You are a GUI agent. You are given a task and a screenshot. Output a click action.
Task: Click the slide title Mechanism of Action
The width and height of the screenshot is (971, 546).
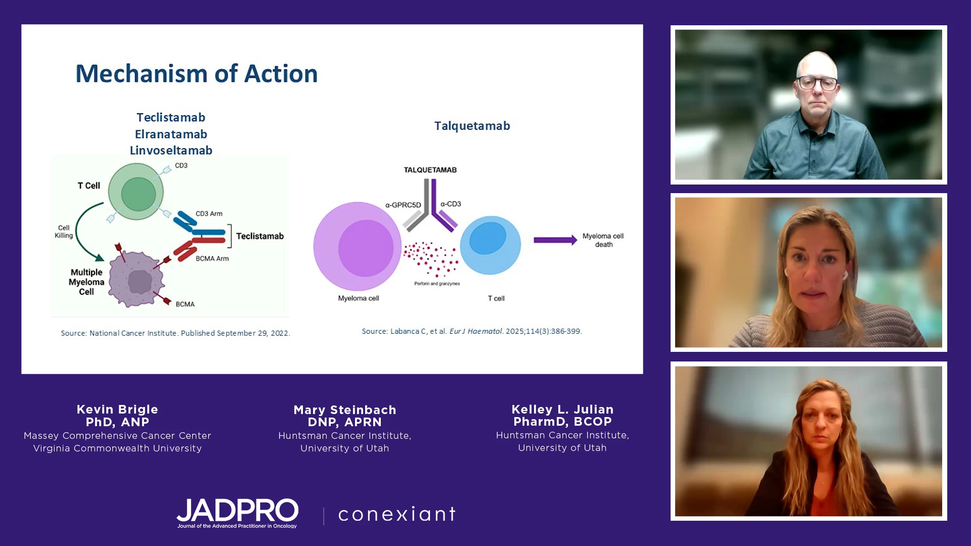click(x=196, y=74)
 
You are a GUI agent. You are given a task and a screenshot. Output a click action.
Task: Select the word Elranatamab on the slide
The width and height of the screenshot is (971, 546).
click(x=171, y=134)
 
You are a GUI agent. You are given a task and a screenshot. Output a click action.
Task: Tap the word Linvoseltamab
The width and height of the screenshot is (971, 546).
click(x=171, y=150)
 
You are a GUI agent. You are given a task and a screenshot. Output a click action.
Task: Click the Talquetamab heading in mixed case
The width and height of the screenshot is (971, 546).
click(x=472, y=126)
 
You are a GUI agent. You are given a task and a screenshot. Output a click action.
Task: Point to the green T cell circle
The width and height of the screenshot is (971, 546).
click(x=136, y=192)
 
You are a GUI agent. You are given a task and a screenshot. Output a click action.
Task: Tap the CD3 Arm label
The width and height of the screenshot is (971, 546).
click(x=209, y=214)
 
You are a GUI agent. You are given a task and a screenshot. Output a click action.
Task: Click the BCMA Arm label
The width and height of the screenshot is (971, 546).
click(x=212, y=259)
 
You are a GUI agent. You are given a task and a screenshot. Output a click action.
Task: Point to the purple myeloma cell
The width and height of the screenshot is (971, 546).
click(x=357, y=247)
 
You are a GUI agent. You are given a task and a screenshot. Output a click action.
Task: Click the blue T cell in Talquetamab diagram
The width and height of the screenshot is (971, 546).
click(x=490, y=245)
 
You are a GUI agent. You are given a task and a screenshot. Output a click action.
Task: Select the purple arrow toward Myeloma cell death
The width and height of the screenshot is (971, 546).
click(x=555, y=240)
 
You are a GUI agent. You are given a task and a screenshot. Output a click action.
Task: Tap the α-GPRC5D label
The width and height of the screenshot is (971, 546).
click(x=403, y=205)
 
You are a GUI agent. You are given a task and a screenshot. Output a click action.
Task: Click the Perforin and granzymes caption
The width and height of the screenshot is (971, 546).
click(x=437, y=284)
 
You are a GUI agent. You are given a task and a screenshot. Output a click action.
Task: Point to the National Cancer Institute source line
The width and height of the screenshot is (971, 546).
click(x=175, y=333)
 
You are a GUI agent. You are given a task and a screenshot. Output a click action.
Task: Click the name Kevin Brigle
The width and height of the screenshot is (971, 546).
click(x=117, y=409)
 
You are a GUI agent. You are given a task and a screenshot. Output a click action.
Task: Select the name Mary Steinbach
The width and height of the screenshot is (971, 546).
click(x=345, y=410)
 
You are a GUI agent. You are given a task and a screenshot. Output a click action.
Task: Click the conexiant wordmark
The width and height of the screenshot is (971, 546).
click(x=397, y=514)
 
